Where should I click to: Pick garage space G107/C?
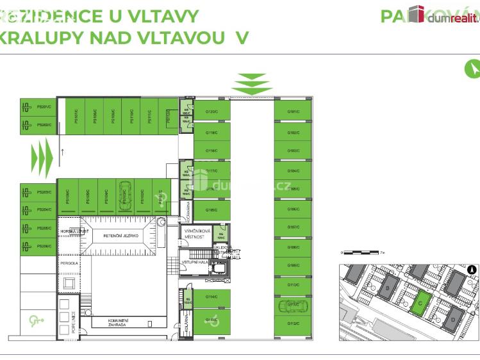294,227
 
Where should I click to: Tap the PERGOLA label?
69,263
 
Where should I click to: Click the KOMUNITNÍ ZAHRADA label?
119,322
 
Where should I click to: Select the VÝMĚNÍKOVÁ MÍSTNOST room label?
194,233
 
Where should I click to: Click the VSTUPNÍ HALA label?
194,263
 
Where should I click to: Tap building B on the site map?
387,289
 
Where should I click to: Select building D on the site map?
453,318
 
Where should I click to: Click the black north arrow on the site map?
472,270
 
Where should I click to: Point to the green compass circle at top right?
472,68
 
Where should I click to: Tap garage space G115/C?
212,210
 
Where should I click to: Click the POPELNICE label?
74,322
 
